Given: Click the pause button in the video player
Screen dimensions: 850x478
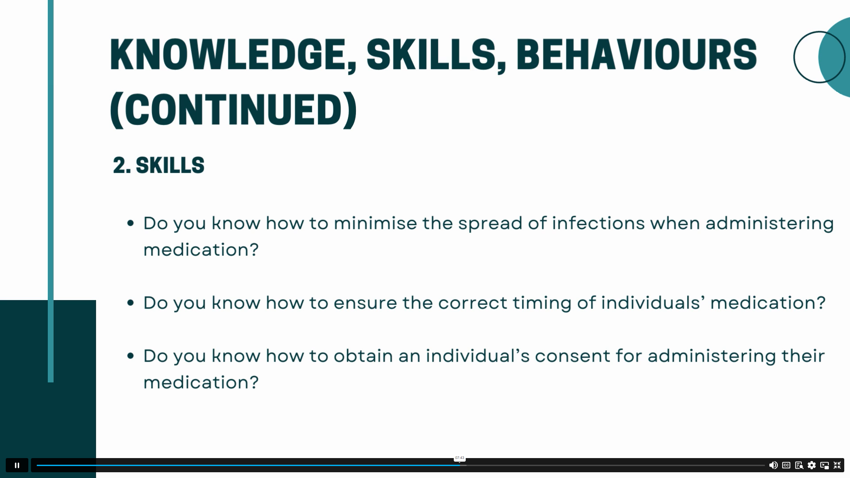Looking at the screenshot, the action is [17, 465].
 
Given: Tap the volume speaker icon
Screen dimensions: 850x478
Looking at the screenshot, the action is [773, 465].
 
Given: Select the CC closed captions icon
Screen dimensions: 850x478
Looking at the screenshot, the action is [786, 465].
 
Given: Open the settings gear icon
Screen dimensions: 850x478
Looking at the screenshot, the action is [811, 465].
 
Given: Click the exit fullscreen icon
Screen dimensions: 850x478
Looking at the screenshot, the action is [837, 465].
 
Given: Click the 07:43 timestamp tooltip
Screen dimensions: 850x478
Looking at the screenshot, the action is [460, 458].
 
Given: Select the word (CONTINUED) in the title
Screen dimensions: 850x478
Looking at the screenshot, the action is [233, 110].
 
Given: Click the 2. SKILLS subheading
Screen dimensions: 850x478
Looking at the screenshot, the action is [158, 165].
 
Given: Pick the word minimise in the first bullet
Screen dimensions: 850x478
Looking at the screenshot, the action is [375, 223].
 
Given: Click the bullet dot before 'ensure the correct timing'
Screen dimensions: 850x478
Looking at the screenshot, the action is [130, 303].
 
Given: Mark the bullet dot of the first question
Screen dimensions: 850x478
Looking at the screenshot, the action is [130, 223].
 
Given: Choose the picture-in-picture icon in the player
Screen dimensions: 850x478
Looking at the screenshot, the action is [824, 465].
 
